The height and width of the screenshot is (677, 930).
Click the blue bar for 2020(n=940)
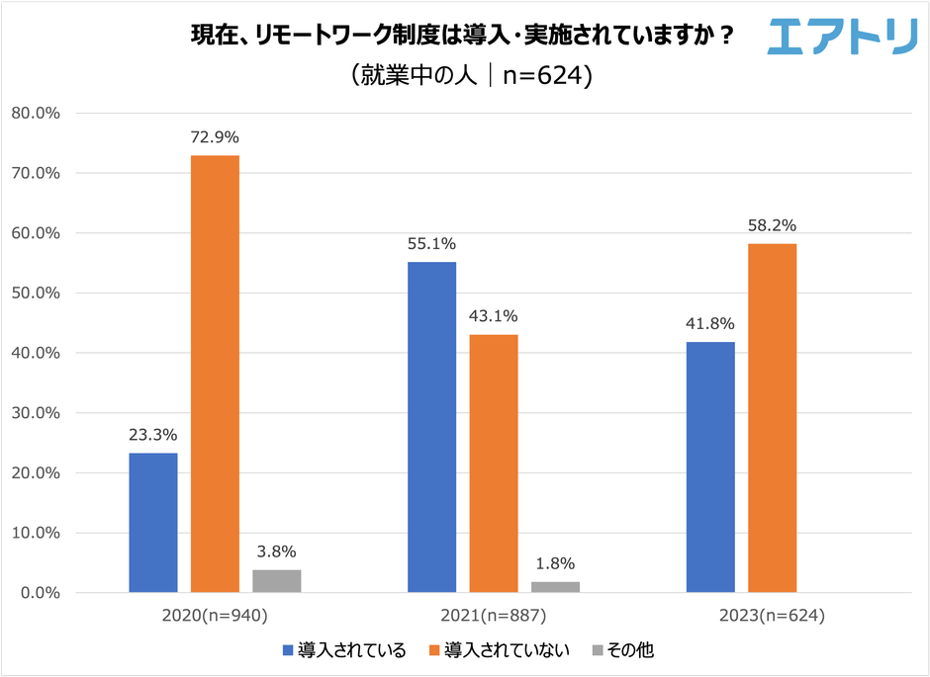(153, 523)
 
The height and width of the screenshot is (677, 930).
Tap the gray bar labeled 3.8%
(276, 581)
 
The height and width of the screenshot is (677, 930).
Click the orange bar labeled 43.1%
(494, 464)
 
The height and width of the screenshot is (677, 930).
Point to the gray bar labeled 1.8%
(555, 587)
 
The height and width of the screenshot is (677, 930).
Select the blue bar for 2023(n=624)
(710, 467)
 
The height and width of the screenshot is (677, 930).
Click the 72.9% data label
(215, 136)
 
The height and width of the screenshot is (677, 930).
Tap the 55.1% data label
(432, 243)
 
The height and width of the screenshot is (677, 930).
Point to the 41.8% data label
(710, 323)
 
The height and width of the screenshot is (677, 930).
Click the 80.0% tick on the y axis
(37, 113)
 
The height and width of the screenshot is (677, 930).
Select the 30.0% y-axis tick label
(37, 413)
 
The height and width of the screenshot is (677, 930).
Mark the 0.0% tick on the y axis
(41, 593)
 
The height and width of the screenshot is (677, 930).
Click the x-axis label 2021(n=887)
(494, 615)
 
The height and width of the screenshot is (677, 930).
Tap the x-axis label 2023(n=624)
(772, 615)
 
